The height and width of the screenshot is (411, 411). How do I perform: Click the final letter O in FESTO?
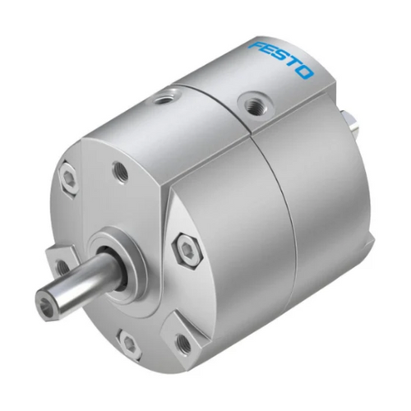pyautogui.click(x=305, y=73)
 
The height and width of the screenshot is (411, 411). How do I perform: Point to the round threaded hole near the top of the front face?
pyautogui.click(x=121, y=171)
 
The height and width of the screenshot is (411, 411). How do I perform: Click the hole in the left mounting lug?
pyautogui.click(x=60, y=267)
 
